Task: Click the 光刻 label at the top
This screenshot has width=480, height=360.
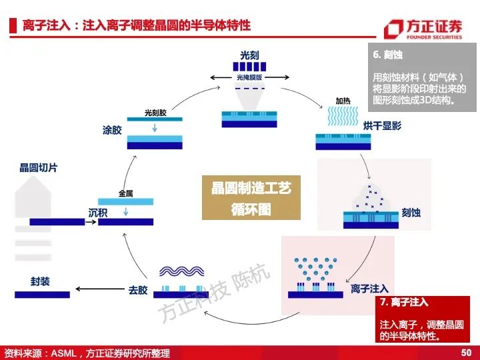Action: pos(249,55)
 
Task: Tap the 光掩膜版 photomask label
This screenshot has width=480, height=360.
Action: pos(249,77)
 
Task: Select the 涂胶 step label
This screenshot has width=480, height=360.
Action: pos(112,130)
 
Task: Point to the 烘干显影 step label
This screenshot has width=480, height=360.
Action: pos(382,125)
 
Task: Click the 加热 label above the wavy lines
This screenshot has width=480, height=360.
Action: pos(343,101)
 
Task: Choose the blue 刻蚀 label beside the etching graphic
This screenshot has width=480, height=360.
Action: pos(411,213)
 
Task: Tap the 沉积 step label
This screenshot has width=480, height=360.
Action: pos(98,213)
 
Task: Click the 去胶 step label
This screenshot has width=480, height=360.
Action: pos(138,289)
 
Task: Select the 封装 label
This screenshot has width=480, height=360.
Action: pos(40,281)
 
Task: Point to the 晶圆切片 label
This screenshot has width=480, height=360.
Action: pos(38,167)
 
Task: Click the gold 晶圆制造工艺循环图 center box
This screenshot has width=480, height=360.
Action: pos(251,198)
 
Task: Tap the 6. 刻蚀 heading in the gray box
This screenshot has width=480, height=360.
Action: pos(387,55)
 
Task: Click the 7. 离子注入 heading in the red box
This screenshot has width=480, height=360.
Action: pos(404,302)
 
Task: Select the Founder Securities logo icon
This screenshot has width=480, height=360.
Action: pos(393,29)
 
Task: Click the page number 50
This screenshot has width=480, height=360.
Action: pos(466,353)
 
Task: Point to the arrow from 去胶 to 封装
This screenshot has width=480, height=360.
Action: pos(100,289)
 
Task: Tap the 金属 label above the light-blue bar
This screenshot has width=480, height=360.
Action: pos(125,193)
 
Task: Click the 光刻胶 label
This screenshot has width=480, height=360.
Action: pos(155,113)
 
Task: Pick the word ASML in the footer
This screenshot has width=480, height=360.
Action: pos(63,353)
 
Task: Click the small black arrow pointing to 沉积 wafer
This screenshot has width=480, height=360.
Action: pos(91,221)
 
